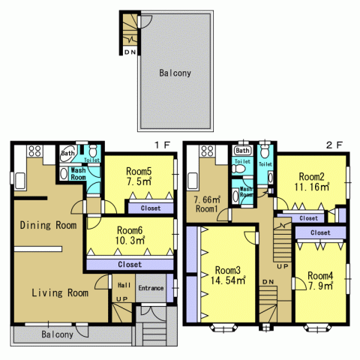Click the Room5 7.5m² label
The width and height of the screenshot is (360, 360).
[139, 176]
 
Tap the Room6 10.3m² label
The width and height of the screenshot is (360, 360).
[130, 235]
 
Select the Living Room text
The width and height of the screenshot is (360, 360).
[60, 292]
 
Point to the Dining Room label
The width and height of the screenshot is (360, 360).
[48, 225]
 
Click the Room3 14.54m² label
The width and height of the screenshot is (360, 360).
[228, 275]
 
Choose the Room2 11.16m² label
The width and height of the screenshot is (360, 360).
[312, 181]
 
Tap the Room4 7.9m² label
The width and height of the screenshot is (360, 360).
[320, 280]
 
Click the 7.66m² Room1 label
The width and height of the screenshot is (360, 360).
[207, 204]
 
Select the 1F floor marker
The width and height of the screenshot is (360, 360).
[163, 145]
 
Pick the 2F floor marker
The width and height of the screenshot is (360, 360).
[334, 145]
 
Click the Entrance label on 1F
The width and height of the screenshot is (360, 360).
[151, 288]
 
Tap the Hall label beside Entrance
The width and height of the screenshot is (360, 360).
[124, 285]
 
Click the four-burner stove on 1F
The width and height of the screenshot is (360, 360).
[34, 151]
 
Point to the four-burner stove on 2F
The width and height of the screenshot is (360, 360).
[208, 151]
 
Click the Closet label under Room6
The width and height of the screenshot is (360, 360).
[130, 264]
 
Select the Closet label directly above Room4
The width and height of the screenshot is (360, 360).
[320, 232]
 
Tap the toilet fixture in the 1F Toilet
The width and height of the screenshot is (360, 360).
[93, 151]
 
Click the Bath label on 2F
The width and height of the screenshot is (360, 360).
[242, 151]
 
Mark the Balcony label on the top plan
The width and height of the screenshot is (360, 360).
[175, 73]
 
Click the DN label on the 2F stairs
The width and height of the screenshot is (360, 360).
[268, 282]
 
